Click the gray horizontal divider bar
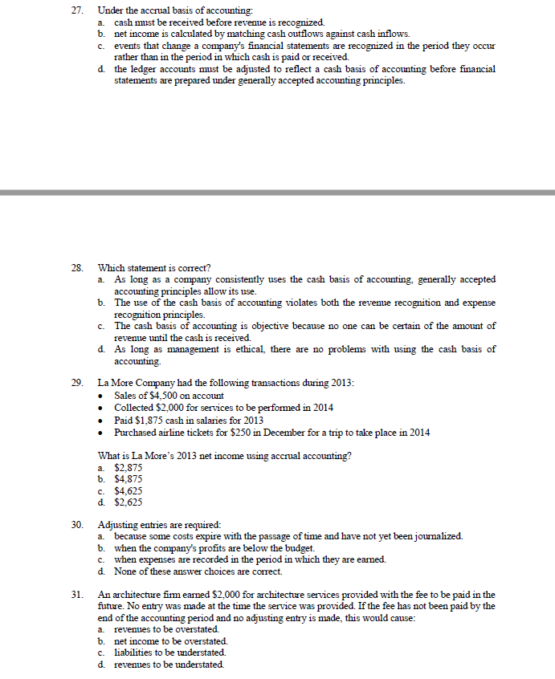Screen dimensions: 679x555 coord(277,193)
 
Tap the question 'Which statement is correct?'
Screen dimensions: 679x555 coord(154,267)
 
